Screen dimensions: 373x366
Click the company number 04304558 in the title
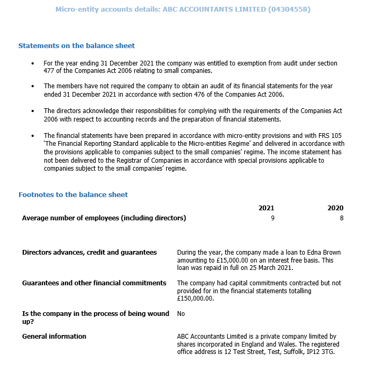(289, 10)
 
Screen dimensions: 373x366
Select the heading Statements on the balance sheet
(77, 46)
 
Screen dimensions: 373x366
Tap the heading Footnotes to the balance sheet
(73, 194)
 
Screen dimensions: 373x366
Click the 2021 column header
(266, 208)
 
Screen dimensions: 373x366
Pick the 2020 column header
(335, 208)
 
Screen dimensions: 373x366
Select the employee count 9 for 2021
(272, 218)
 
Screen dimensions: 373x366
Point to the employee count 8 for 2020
(342, 218)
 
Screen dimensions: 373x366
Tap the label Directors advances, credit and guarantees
(89, 253)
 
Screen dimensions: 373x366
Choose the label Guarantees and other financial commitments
(95, 283)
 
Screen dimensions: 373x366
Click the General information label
(54, 336)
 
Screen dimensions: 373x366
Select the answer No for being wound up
(181, 314)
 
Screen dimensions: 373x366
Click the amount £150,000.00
(195, 299)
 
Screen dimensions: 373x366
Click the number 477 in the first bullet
(50, 71)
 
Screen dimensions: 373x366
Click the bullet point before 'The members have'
(33, 86)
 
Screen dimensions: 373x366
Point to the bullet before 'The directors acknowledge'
(33, 111)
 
